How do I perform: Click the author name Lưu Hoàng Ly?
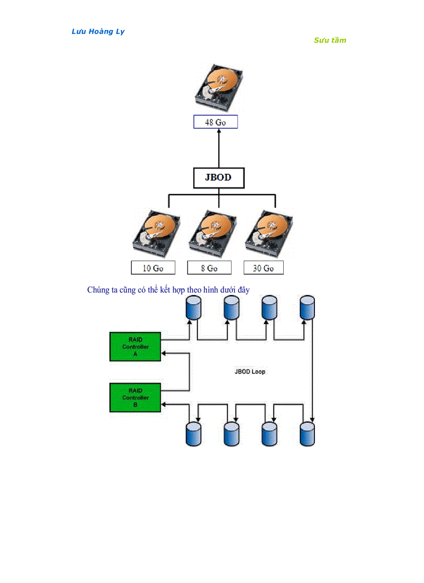pyautogui.click(x=98, y=32)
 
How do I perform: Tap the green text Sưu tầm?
pyautogui.click(x=329, y=40)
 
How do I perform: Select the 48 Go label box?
pyautogui.click(x=216, y=123)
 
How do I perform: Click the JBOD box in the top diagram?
pyautogui.click(x=218, y=178)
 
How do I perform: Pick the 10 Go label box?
pyautogui.click(x=153, y=268)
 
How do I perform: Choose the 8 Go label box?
pyautogui.click(x=209, y=268)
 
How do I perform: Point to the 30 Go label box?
pyautogui.click(x=263, y=268)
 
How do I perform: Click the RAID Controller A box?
pyautogui.click(x=135, y=347)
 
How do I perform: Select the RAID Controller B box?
pyautogui.click(x=135, y=398)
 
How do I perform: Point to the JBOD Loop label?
pyautogui.click(x=250, y=372)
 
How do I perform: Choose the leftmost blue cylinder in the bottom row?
pyautogui.click(x=193, y=433)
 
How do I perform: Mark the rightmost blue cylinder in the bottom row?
pyautogui.click(x=308, y=433)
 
